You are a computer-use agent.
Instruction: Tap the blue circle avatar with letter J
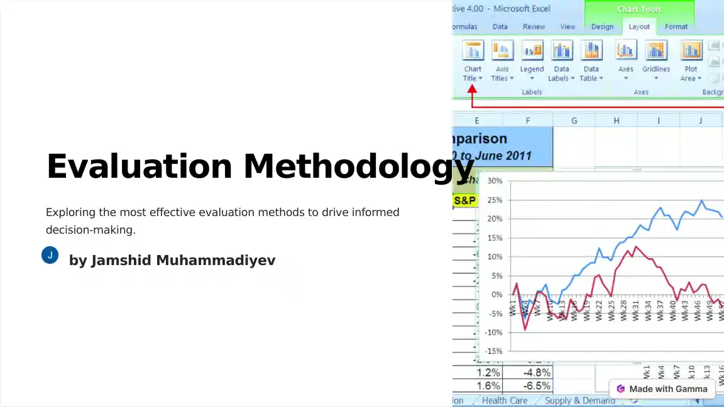point(50,255)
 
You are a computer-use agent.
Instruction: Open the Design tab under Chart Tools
point(602,26)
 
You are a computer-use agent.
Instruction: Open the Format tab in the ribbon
point(676,26)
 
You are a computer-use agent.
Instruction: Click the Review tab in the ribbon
point(534,26)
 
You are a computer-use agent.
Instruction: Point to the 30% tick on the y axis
point(495,181)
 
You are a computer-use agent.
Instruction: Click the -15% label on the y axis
point(493,351)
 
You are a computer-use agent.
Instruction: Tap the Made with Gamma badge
point(662,389)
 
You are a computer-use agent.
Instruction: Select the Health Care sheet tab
point(505,401)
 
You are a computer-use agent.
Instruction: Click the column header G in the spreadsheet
point(574,121)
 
